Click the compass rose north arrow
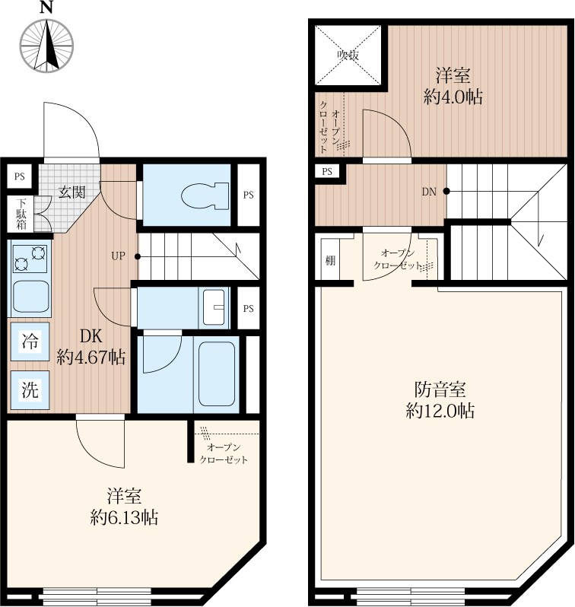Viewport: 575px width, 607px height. coord(47,46)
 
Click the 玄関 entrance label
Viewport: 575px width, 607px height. coord(71,192)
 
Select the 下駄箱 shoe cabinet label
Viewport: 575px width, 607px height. coord(21,214)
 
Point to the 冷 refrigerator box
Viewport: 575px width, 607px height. coord(30,342)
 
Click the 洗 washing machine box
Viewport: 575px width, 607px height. coord(30,389)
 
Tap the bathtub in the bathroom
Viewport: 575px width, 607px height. coord(217,374)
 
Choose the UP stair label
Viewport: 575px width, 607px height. coord(118,256)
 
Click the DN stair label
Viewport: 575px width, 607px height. coord(429,191)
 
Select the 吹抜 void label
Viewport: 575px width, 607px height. coord(348,55)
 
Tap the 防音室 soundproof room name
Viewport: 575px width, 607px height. coord(440,389)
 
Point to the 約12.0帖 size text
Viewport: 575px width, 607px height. coord(440,410)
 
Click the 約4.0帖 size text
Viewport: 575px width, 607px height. coord(453,97)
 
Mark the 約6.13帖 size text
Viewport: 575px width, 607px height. coord(124,516)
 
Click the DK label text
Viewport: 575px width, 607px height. coord(91,336)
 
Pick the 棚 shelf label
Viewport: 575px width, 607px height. coord(330,261)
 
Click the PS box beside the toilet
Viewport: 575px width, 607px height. coord(248,195)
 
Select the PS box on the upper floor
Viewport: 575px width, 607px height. coord(327,171)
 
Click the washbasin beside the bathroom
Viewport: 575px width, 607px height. coord(214,307)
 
